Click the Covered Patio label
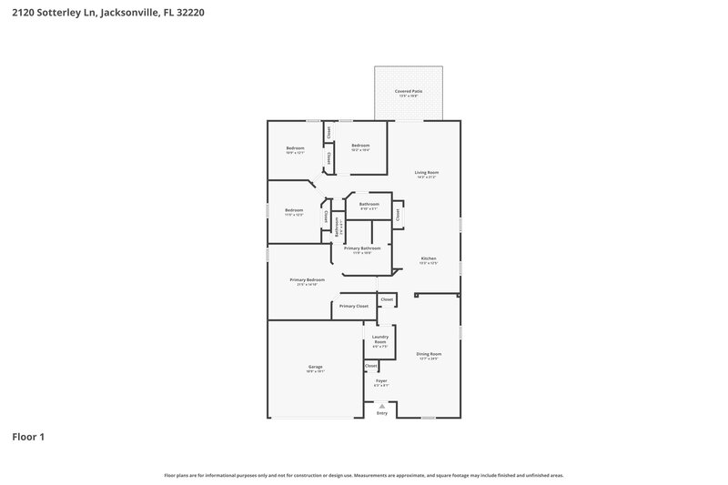(x=408, y=91)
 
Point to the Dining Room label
(x=429, y=354)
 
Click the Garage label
(x=315, y=367)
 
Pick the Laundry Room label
(x=380, y=338)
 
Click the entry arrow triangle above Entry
(x=382, y=406)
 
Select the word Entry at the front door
(x=382, y=414)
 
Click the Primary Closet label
(x=354, y=306)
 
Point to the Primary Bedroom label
(x=307, y=279)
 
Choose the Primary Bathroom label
(x=362, y=248)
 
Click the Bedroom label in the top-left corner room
(x=295, y=147)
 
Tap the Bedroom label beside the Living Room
(x=360, y=145)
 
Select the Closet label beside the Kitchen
(x=398, y=215)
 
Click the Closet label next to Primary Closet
(x=387, y=299)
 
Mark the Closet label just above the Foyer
(x=371, y=366)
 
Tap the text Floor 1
(x=28, y=437)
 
